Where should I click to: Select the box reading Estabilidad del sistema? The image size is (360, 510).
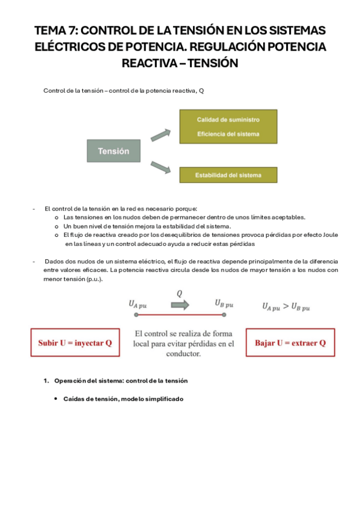coord(228,175)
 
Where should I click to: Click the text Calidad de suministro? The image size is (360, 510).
coord(228,120)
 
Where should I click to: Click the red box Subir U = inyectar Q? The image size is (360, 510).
coord(75,343)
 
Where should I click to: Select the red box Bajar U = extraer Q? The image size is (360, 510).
coord(290,343)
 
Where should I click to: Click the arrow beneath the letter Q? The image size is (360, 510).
coord(180,305)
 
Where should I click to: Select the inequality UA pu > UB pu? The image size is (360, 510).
coord(286,307)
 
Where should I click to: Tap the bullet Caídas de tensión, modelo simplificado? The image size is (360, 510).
coord(123,399)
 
